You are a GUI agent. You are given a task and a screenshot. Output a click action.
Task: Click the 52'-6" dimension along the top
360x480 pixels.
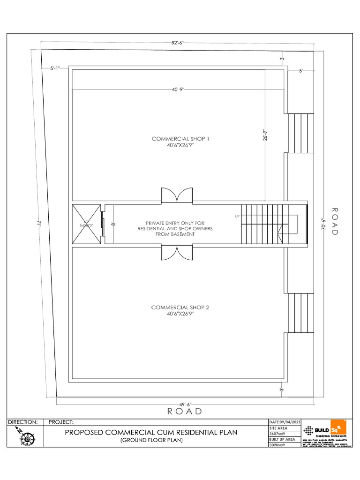click(x=177, y=43)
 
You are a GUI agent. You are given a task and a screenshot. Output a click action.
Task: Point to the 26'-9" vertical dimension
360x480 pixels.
click(x=265, y=135)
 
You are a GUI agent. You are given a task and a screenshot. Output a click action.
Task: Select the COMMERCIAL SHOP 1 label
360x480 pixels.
click(x=180, y=142)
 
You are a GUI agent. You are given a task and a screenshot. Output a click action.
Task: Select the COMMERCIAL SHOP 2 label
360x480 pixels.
click(x=180, y=310)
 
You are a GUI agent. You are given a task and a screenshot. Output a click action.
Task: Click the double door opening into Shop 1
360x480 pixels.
click(x=177, y=195)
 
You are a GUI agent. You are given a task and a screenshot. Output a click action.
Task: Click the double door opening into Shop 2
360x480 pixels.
click(x=177, y=253)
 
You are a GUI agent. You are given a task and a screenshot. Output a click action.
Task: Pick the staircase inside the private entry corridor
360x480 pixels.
click(x=261, y=224)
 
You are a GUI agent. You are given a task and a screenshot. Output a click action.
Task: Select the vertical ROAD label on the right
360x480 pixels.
click(x=335, y=222)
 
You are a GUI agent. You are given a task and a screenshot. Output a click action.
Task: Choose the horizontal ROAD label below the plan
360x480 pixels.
click(x=185, y=412)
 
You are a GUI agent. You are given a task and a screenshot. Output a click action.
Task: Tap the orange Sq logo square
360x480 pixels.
click(x=338, y=427)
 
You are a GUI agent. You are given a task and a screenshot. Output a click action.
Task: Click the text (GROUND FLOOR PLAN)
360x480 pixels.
click(x=151, y=441)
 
